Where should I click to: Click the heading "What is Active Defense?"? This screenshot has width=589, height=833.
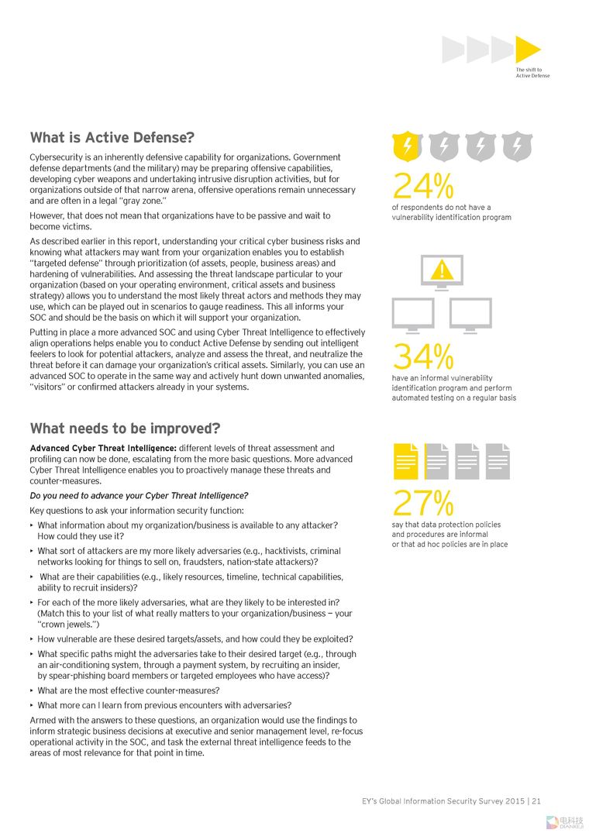point(112,138)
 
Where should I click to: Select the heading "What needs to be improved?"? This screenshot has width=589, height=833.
point(125,429)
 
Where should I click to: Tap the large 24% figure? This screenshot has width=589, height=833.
point(422,186)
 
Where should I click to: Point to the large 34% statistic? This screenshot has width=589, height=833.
point(422,357)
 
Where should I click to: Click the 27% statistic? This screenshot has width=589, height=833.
point(422,504)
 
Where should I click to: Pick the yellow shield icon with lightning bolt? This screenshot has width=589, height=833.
point(407,146)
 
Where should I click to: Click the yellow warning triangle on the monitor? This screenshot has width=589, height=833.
point(442,269)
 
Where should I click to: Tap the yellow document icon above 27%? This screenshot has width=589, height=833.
point(406,461)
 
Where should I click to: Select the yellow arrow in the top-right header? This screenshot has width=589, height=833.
point(528,50)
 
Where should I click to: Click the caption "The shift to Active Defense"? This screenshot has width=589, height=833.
point(532,73)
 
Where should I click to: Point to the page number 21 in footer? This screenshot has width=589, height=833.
point(536,801)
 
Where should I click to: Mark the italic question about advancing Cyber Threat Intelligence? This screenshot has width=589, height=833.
point(139,495)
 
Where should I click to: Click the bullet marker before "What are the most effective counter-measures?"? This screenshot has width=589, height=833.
point(32,690)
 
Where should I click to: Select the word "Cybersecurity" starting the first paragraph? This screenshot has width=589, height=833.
point(56,157)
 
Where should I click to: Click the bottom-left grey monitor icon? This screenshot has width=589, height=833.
point(413,314)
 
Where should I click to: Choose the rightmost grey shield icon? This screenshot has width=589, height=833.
point(515,146)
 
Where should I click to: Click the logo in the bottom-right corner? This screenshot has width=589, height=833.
point(564,821)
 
